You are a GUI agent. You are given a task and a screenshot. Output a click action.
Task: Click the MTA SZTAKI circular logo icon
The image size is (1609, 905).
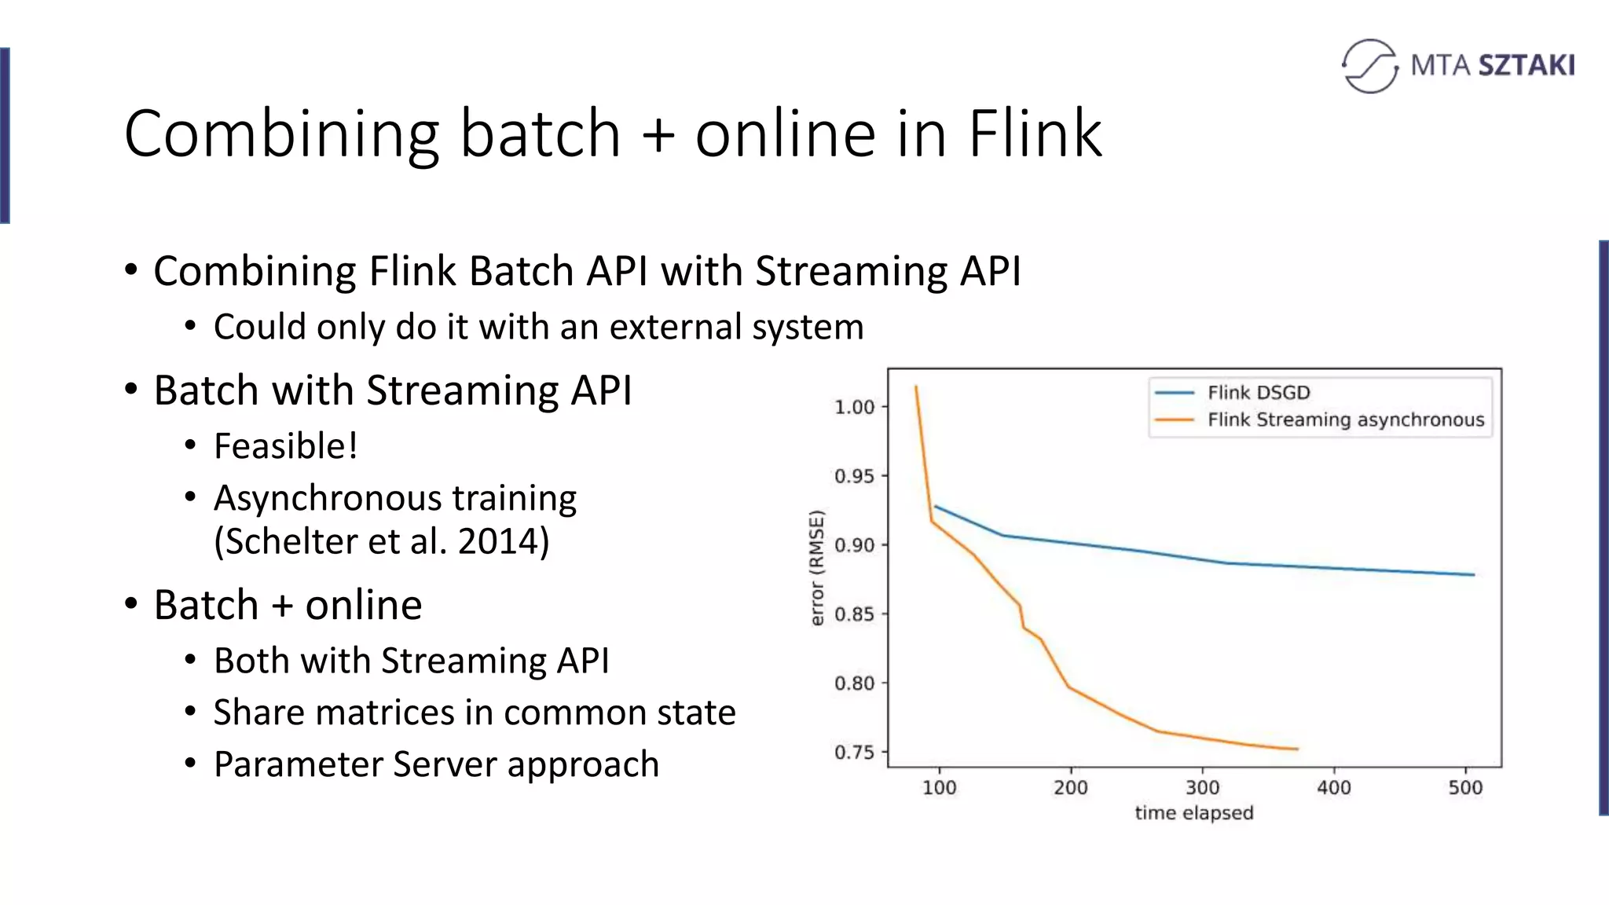(1369, 66)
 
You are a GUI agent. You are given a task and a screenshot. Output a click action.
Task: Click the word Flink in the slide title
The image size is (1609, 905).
(1035, 134)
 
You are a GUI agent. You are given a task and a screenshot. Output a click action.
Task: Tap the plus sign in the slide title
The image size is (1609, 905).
(658, 134)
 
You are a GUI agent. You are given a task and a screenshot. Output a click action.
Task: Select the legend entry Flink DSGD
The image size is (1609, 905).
(1258, 393)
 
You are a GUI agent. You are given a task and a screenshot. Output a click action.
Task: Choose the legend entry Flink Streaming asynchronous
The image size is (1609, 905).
(1345, 420)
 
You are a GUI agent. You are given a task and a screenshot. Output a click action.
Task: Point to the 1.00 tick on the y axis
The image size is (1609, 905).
(855, 407)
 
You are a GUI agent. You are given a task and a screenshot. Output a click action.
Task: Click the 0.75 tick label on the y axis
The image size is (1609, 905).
(855, 753)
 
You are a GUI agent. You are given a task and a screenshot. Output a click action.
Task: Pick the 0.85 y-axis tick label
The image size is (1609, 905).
(855, 614)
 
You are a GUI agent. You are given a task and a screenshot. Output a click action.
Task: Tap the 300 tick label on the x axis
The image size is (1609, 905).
(1202, 788)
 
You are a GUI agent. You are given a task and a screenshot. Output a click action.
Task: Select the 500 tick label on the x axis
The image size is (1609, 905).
(1465, 788)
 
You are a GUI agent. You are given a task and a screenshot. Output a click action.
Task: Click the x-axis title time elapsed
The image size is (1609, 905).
(1193, 813)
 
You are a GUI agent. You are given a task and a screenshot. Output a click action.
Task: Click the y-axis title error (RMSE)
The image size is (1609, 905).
(817, 568)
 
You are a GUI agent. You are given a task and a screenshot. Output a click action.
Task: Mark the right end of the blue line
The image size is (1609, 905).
(1473, 575)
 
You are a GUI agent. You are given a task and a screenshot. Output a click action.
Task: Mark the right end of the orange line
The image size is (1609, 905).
(1296, 749)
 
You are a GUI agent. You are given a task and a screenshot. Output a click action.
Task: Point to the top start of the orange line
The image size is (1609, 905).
(916, 387)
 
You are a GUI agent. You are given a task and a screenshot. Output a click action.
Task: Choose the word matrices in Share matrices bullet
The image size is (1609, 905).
(389, 713)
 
